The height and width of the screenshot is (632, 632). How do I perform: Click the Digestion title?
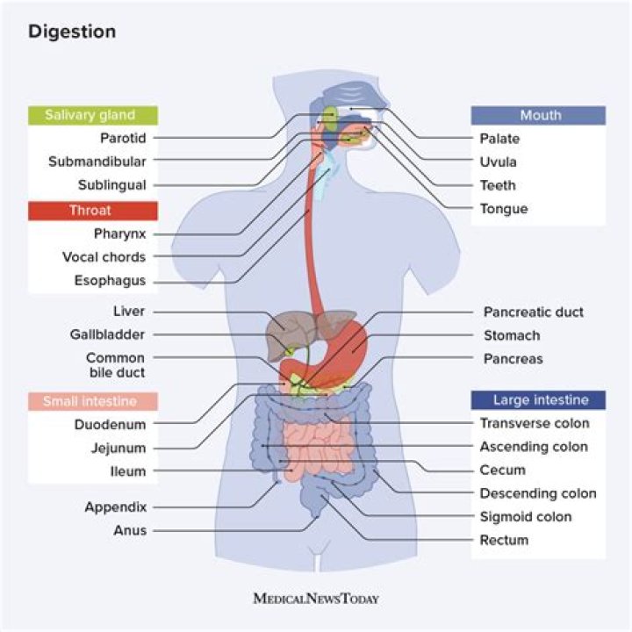coord(72,32)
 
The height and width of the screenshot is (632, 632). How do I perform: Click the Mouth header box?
coord(538,115)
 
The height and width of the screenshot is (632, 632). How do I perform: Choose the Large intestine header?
coord(538,400)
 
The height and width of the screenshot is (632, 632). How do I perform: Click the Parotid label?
coord(123,138)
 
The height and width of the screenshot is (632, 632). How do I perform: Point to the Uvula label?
coord(498,162)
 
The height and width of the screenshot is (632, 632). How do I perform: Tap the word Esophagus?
coord(110,282)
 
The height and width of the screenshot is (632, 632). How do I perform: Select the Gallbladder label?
coord(107,334)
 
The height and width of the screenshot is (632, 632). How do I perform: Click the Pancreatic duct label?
coord(533,312)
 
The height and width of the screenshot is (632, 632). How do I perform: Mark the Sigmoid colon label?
coord(525,517)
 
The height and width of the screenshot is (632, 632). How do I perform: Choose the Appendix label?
coord(115,506)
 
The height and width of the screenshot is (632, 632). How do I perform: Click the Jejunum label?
coord(117,448)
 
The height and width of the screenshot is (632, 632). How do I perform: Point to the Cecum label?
coord(502,470)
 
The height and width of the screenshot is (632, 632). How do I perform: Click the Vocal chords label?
coord(104,257)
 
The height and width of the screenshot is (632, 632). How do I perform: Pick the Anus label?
coord(130,530)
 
